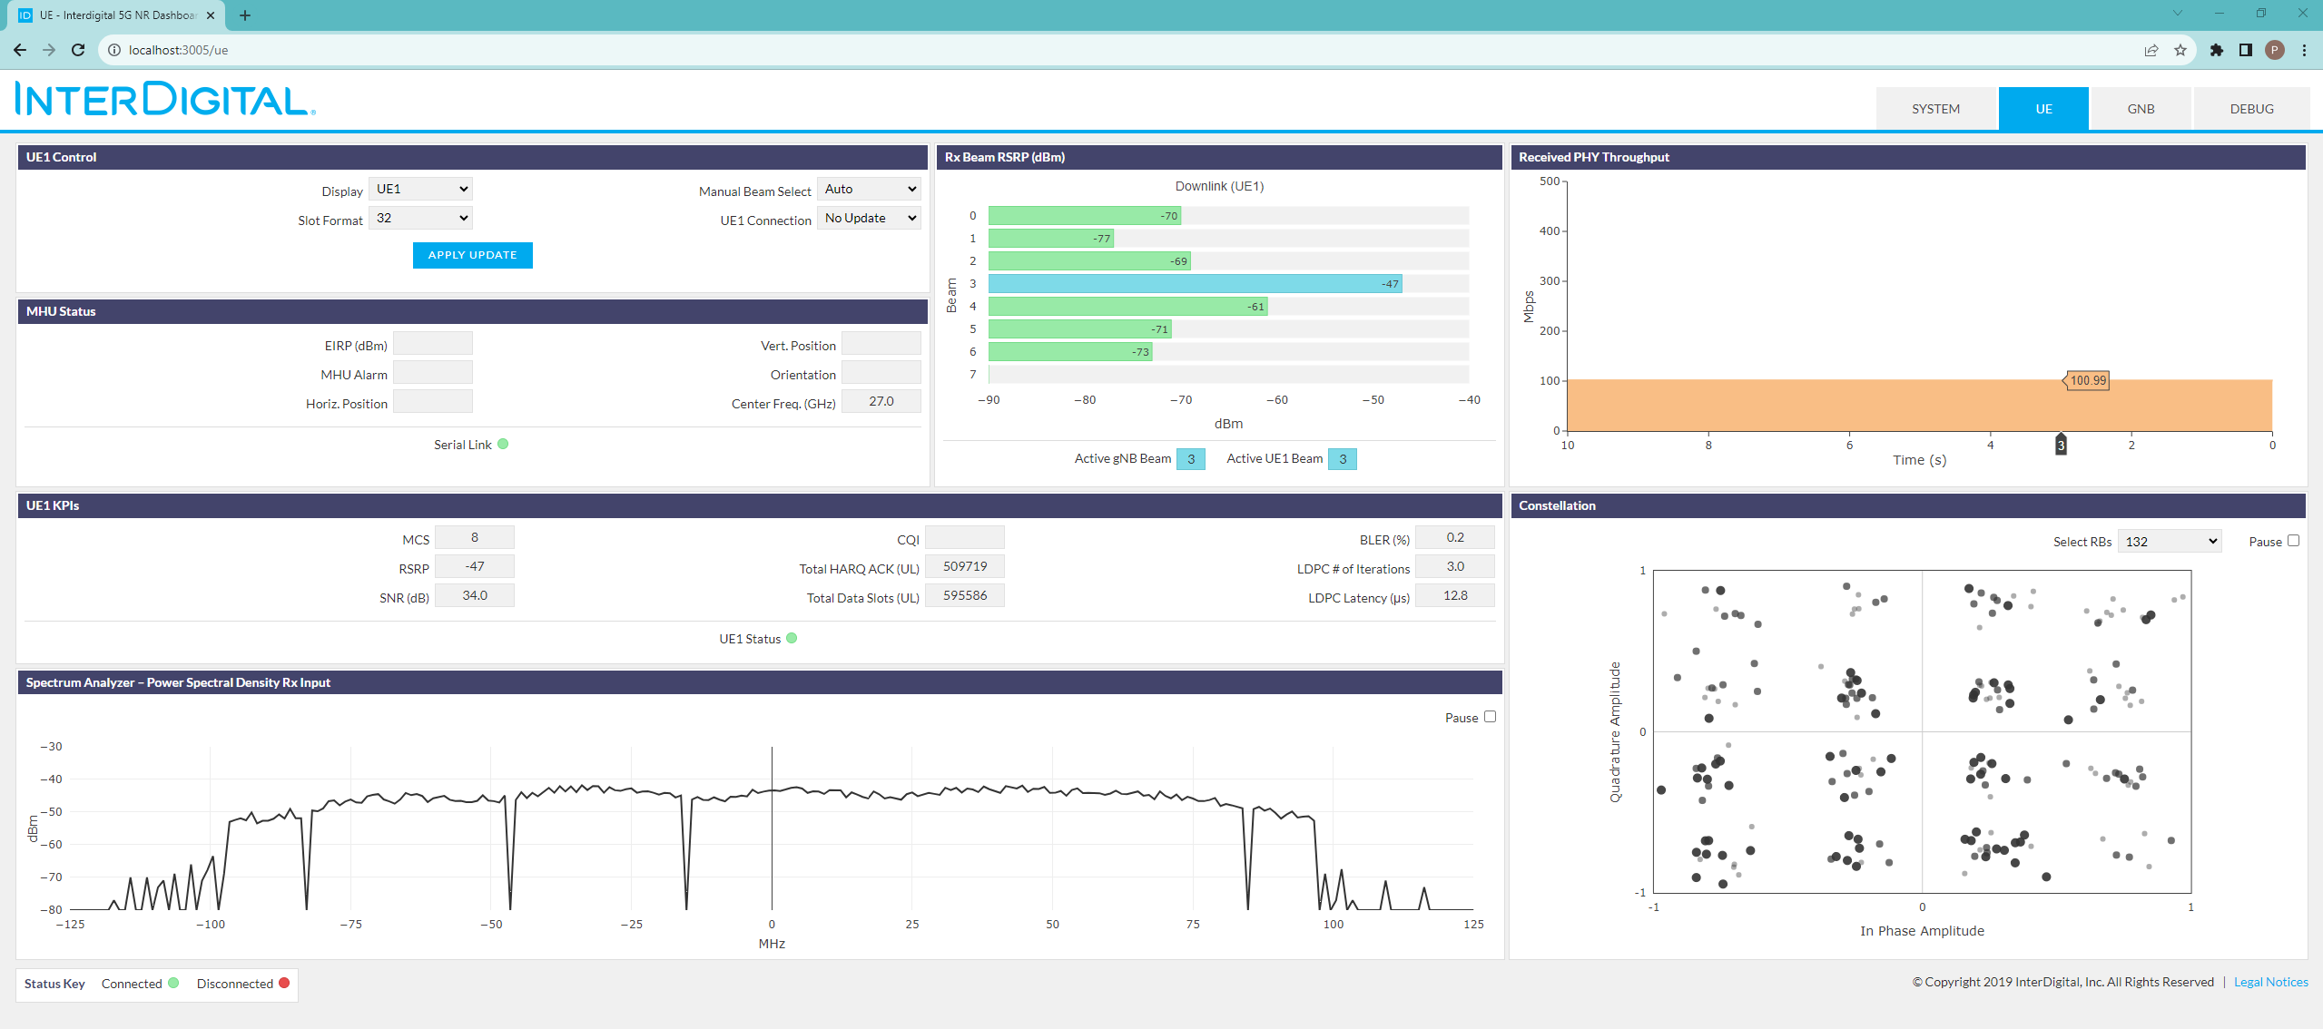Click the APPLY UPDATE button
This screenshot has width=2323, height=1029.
472,255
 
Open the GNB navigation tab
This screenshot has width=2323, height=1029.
2141,109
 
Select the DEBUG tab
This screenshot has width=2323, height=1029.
2251,109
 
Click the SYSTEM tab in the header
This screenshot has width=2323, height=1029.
1935,109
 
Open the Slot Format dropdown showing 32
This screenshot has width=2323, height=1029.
421,218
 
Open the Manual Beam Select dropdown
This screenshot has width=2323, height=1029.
869,189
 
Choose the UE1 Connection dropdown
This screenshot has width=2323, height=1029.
869,218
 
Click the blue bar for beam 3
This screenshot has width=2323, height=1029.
1195,284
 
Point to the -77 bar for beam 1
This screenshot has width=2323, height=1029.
1050,239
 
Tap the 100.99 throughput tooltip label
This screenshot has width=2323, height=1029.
2087,381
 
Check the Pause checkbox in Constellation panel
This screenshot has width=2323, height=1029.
2293,541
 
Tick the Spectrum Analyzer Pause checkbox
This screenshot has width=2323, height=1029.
1490,717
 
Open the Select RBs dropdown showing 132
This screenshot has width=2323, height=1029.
2170,542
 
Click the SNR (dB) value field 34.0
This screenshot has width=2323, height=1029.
475,595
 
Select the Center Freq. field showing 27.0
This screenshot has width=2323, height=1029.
881,401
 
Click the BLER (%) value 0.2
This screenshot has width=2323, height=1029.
1455,537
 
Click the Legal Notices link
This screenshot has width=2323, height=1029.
2270,982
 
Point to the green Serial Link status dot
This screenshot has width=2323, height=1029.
503,445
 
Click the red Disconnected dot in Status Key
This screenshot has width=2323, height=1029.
284,983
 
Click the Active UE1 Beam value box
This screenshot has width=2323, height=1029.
1343,459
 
